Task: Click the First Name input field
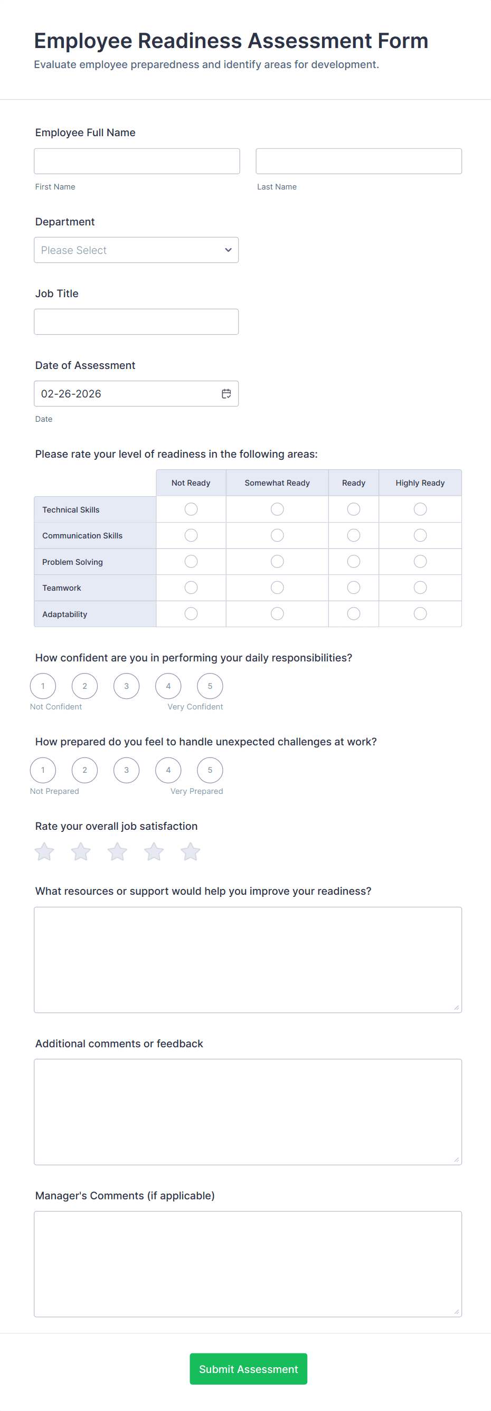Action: click(x=136, y=161)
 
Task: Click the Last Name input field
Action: click(x=358, y=161)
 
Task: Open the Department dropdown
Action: click(x=136, y=250)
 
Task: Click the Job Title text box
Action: click(x=136, y=321)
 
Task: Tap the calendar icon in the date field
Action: click(x=226, y=393)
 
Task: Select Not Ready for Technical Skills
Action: click(x=191, y=509)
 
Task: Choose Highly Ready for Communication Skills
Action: click(x=420, y=535)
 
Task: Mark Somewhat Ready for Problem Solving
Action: click(x=277, y=562)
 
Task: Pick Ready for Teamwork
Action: click(x=353, y=588)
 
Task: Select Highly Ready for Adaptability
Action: click(x=420, y=613)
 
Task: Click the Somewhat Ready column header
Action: click(x=277, y=482)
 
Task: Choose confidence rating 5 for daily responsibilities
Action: click(x=210, y=686)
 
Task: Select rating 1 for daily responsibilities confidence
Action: click(x=43, y=686)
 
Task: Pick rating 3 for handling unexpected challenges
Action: click(x=127, y=770)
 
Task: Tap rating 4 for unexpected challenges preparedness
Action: click(x=168, y=770)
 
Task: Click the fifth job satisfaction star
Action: click(x=190, y=852)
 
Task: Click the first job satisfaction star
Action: click(x=44, y=852)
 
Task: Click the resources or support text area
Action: click(x=248, y=960)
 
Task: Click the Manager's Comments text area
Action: click(x=248, y=1264)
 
